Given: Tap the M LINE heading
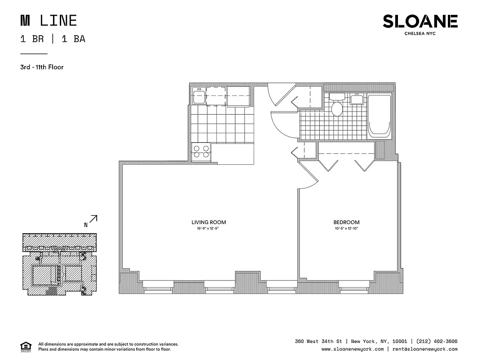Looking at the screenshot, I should click(49, 21).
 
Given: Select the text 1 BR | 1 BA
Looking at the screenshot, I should click(53, 39).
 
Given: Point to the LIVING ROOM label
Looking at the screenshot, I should click(209, 222).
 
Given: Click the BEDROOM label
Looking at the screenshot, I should click(346, 222).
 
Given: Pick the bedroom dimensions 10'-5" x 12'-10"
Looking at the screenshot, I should click(346, 229).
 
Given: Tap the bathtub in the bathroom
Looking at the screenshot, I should click(380, 116).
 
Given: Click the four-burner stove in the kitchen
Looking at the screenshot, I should click(201, 151).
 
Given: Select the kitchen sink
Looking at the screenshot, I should click(199, 97).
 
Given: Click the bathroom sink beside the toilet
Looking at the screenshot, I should click(357, 98).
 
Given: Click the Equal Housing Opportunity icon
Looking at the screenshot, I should click(25, 346).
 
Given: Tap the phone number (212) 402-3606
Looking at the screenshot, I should click(437, 341).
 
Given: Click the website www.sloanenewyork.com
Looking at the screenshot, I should click(353, 349).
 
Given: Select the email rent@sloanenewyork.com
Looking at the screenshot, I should click(424, 349).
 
